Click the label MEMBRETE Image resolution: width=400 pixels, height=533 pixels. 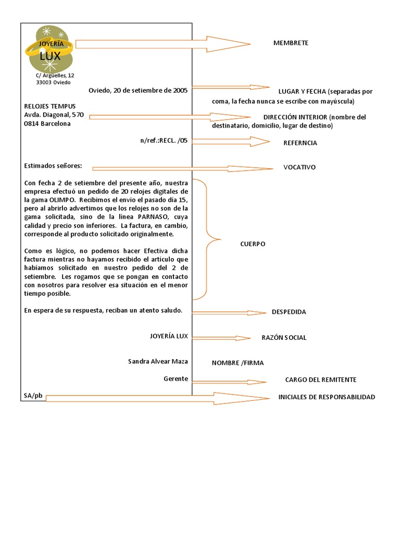tap(291, 43)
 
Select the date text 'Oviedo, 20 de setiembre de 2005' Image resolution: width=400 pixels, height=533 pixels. tap(138, 90)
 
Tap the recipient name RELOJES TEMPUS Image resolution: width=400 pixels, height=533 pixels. tap(50, 106)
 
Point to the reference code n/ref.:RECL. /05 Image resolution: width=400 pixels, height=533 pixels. tap(164, 141)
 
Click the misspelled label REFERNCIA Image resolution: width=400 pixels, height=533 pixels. tap(300, 143)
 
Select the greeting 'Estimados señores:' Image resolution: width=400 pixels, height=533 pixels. tap(53, 166)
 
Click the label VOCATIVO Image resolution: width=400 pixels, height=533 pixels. tap(299, 167)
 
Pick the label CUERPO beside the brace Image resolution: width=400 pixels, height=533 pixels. tap(253, 244)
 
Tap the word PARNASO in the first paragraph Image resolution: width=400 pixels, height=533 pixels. tap(156, 216)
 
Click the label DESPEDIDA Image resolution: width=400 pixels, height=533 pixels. tap(289, 312)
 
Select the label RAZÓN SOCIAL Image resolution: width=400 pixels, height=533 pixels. tap(284, 337)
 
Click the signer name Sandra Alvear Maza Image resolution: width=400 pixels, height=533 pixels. tap(158, 361)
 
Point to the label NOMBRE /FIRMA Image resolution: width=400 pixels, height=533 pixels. tap(237, 363)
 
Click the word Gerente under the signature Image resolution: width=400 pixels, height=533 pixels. tap(176, 378)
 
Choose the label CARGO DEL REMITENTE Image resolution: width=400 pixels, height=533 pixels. tap(321, 380)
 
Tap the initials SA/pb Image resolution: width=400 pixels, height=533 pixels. tap(32, 396)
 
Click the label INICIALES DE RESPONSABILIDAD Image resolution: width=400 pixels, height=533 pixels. tap(327, 397)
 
